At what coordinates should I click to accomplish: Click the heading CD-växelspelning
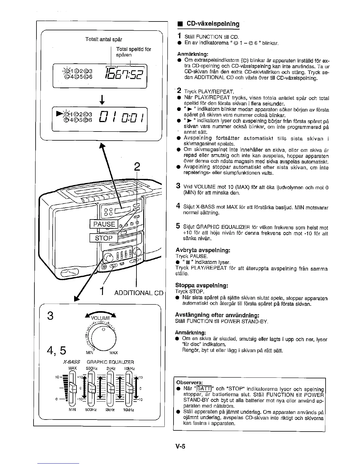pyautogui.click(x=213, y=24)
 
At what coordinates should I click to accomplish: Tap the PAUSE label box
pyautogui.click(x=104, y=224)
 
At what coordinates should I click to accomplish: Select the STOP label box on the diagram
pyautogui.click(x=104, y=238)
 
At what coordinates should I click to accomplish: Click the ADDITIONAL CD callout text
pyautogui.click(x=139, y=293)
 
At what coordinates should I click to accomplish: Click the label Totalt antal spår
pyautogui.click(x=104, y=39)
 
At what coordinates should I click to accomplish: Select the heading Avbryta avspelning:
pyautogui.click(x=203, y=250)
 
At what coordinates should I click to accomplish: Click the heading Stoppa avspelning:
pyautogui.click(x=202, y=285)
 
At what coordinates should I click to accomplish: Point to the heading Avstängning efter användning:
pyautogui.click(x=217, y=315)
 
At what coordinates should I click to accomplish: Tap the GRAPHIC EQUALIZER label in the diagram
pyautogui.click(x=110, y=362)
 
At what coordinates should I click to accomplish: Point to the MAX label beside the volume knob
pyautogui.click(x=114, y=353)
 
